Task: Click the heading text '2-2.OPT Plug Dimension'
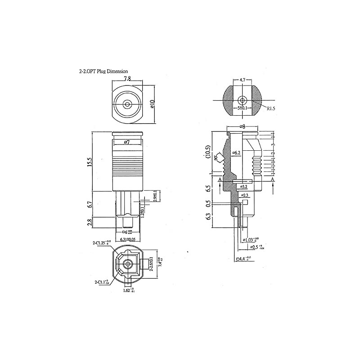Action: [103, 71]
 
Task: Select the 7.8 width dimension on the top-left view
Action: [127, 78]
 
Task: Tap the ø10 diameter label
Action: [152, 104]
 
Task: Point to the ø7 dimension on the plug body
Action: [127, 142]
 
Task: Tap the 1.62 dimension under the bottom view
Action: [129, 291]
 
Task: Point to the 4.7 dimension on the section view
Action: [243, 80]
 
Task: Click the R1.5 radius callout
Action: [270, 108]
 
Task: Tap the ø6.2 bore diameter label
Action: [237, 153]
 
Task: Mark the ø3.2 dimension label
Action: [244, 186]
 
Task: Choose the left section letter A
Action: [219, 180]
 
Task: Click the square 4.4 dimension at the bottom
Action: [243, 259]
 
